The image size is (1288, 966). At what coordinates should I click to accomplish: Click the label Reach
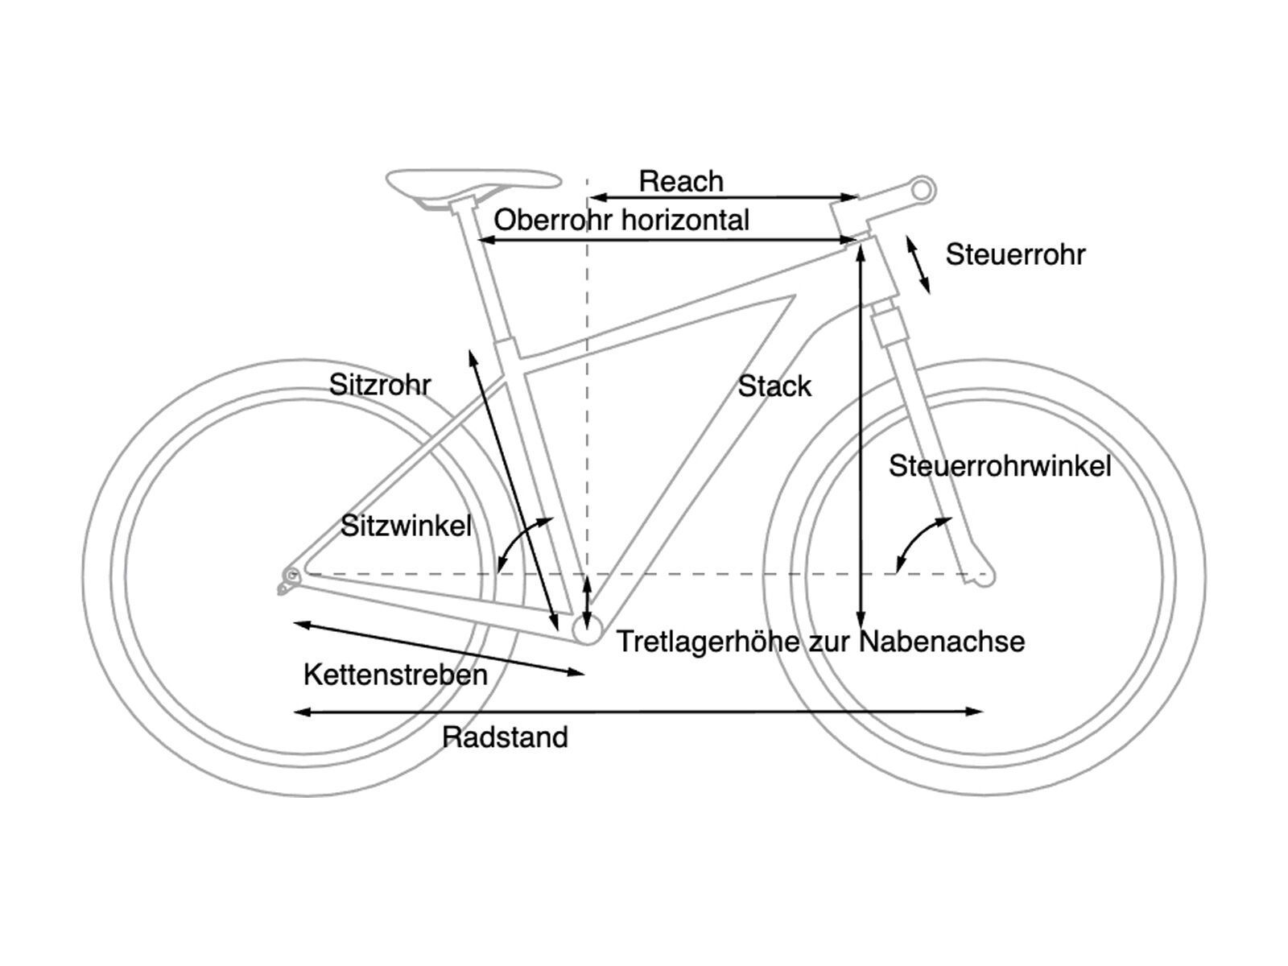point(681,181)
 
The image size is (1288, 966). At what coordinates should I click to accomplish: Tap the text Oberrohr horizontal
point(621,220)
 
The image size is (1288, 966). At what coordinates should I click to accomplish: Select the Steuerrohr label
point(1015,254)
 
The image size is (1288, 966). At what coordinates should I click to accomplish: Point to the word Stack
point(774,386)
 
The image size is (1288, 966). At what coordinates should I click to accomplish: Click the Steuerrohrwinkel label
point(1000,465)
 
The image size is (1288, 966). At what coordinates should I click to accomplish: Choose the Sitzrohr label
point(380,385)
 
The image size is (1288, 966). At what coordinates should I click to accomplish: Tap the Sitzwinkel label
point(406,526)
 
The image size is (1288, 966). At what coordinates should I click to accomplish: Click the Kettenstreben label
point(395,675)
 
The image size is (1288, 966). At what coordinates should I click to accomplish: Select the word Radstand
point(506,737)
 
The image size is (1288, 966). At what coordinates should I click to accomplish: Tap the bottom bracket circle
point(587,630)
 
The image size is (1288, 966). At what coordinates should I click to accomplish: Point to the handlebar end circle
point(923,190)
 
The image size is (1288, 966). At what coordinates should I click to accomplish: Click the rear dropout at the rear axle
point(291,576)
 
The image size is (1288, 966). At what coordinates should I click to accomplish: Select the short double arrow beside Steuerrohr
point(918,264)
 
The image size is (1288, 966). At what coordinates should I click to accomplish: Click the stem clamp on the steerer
point(850,214)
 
